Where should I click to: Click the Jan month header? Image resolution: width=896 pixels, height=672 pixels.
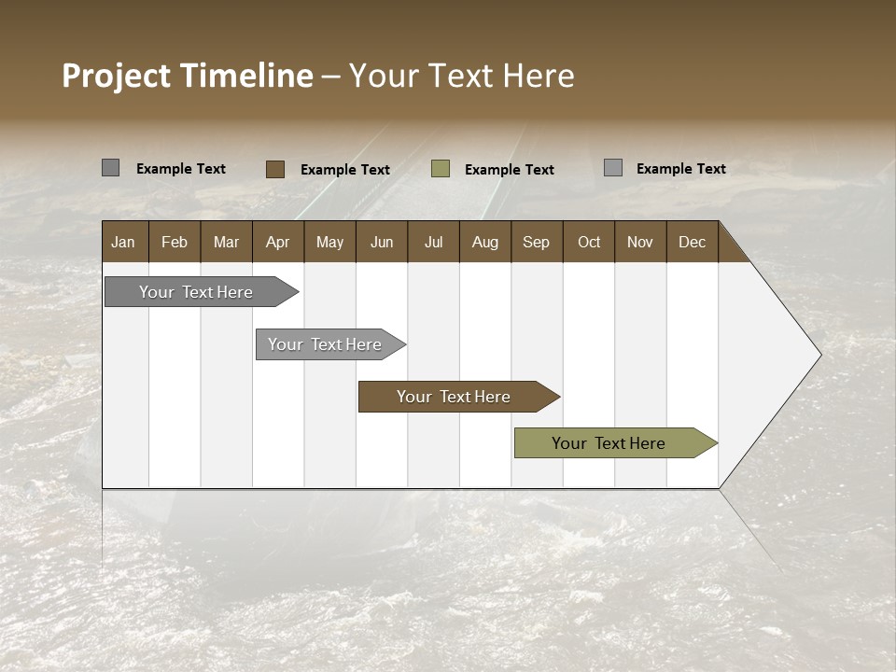(124, 242)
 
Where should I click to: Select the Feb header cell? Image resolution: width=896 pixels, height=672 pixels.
(175, 242)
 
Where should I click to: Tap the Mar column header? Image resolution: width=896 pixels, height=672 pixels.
(226, 242)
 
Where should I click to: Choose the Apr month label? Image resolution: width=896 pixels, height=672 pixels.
(278, 242)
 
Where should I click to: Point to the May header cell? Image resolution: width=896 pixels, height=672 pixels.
(329, 242)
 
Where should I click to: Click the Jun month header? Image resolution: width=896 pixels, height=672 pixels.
(382, 242)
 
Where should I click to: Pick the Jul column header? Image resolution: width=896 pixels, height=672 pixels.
(433, 242)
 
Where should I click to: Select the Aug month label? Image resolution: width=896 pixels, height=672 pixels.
(485, 242)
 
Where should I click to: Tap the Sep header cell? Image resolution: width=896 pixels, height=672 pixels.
(537, 242)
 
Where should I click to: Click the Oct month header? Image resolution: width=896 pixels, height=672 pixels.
(589, 242)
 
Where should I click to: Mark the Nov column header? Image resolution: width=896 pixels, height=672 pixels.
(640, 242)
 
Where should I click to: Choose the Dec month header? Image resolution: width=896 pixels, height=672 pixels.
(693, 242)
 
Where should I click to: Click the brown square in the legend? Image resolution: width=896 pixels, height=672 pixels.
(275, 169)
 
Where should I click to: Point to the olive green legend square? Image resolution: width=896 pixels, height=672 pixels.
(441, 169)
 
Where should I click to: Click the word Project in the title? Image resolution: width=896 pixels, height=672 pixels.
(117, 76)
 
